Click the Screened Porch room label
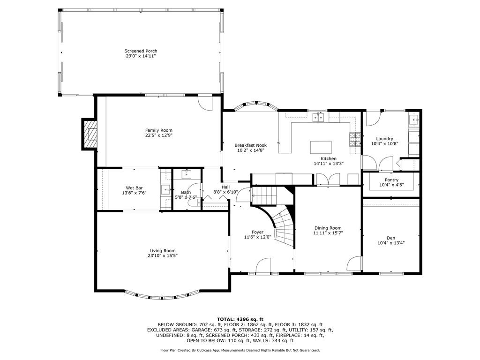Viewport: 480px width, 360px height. pyautogui.click(x=141, y=51)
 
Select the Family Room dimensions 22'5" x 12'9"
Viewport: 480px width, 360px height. pyautogui.click(x=158, y=135)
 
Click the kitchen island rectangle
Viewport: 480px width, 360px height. pyautogui.click(x=321, y=147)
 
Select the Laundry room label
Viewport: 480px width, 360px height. pyautogui.click(x=384, y=139)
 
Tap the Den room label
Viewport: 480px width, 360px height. pyautogui.click(x=391, y=238)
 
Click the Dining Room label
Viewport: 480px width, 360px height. pyautogui.click(x=328, y=228)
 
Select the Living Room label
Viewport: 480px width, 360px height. pyautogui.click(x=163, y=250)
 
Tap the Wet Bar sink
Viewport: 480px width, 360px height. pyautogui.click(x=165, y=189)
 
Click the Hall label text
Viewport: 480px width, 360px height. pyautogui.click(x=225, y=187)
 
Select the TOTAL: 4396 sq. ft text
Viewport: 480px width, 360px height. pyautogui.click(x=240, y=319)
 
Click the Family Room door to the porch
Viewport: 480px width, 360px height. pyautogui.click(x=205, y=101)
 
